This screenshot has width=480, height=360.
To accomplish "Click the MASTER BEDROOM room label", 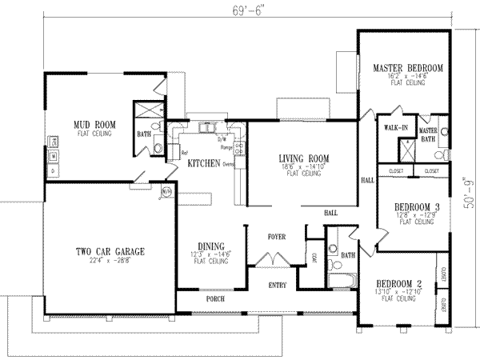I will [408, 69].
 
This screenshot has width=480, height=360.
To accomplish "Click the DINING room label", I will [208, 246].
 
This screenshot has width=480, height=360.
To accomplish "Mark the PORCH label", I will [214, 298].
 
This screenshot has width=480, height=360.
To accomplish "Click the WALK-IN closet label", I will [396, 128].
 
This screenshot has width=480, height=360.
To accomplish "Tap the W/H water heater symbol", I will [166, 192].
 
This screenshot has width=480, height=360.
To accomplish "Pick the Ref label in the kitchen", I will [184, 153].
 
